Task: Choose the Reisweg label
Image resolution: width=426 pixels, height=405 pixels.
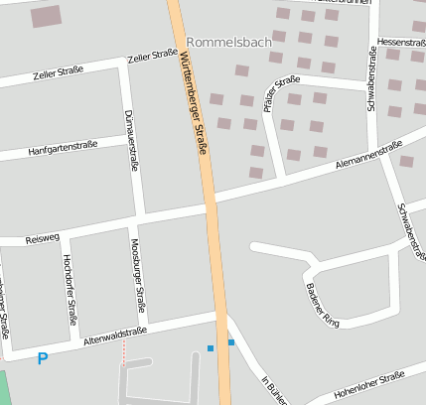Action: point(43,239)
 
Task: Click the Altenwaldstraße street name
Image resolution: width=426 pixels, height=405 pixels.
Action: point(116,335)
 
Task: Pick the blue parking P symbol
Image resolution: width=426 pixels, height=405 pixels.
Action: point(42,358)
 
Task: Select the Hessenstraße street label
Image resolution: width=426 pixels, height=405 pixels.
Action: point(402,43)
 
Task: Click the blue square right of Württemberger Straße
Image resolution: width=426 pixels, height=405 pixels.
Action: point(231,342)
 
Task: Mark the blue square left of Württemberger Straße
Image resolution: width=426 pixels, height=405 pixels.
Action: point(211,347)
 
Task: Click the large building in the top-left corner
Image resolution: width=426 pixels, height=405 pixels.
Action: point(46,15)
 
